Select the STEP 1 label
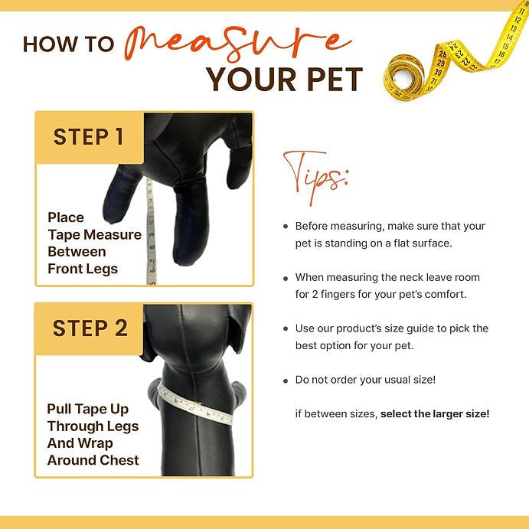pos(88,137)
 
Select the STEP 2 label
pos(90,328)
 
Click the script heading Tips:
pos(315,177)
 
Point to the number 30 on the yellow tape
pos(438,72)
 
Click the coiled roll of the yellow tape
pos(404,78)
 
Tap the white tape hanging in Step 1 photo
pos(151,232)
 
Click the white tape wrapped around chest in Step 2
pos(195,404)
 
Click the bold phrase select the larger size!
pos(435,413)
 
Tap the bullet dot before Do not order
pos(286,381)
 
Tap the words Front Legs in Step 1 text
pos(83,269)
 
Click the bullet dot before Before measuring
pos(286,227)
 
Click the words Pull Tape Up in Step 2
pos(88,410)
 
